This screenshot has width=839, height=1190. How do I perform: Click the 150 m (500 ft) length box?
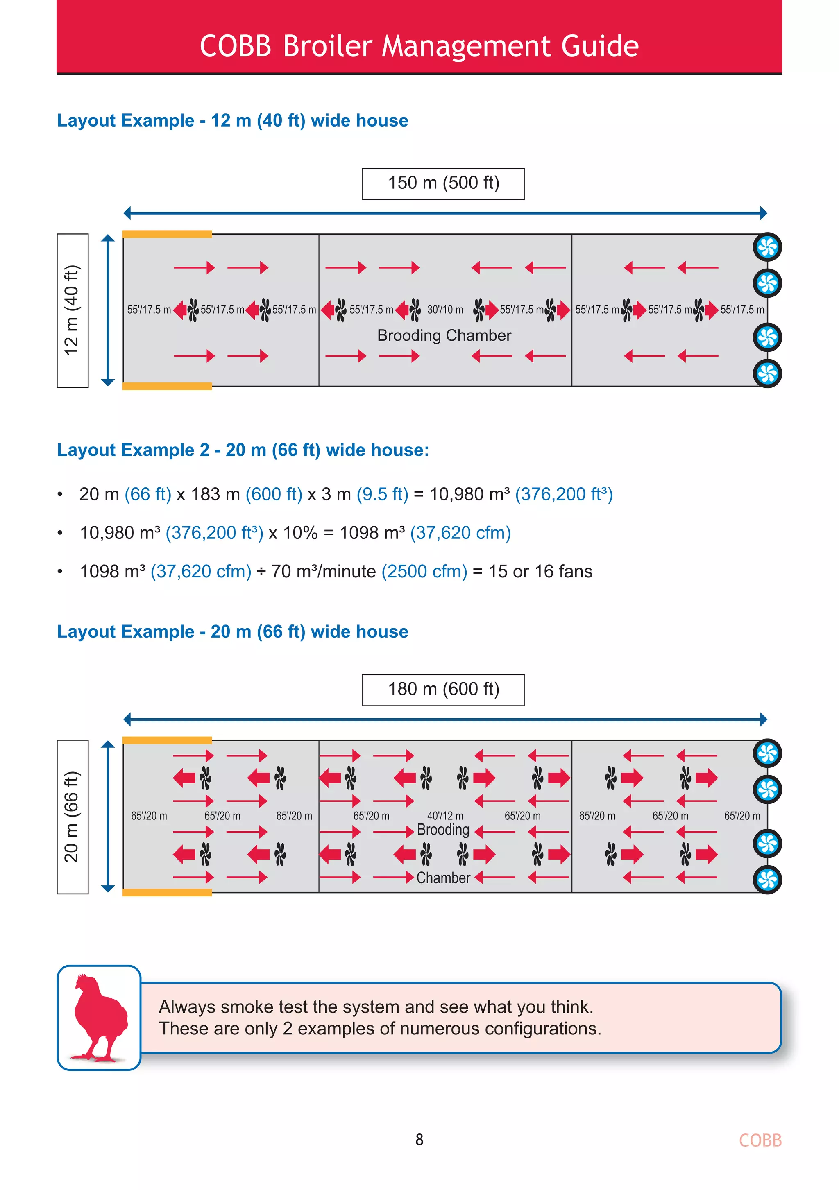(x=443, y=183)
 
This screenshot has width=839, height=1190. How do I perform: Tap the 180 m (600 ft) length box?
(x=443, y=690)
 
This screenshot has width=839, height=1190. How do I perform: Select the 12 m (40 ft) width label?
(x=72, y=310)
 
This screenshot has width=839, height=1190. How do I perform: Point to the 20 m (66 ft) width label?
(x=72, y=817)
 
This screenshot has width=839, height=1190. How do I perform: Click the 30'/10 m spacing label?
(x=445, y=310)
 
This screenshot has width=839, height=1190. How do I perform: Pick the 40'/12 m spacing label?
(x=445, y=816)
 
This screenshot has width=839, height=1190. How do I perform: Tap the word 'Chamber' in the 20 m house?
(x=443, y=878)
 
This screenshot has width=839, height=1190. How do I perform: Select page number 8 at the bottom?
(x=419, y=1140)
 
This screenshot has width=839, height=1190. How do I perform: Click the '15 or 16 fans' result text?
(x=540, y=571)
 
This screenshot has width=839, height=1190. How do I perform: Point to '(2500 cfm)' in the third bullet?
(x=424, y=571)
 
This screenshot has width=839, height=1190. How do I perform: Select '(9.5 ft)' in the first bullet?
(x=382, y=494)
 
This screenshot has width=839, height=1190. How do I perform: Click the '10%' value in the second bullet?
(x=300, y=533)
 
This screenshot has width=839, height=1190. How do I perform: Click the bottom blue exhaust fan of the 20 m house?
(x=767, y=880)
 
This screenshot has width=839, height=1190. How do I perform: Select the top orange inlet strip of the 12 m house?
(x=167, y=234)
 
